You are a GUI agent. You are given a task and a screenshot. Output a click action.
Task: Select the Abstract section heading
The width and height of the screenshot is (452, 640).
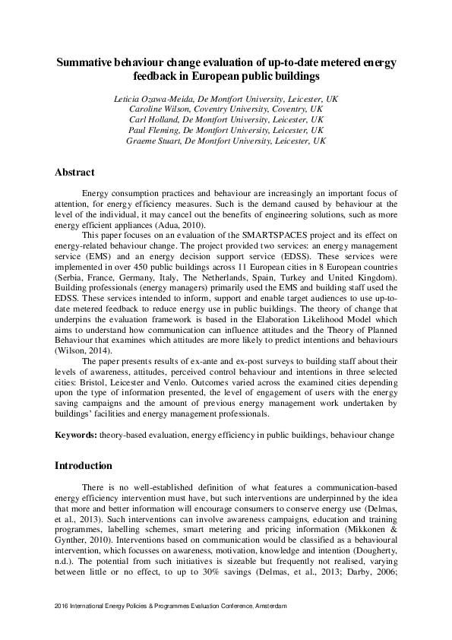point(74,173)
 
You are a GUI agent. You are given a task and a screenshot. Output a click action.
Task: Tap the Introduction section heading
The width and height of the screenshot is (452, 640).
point(84,465)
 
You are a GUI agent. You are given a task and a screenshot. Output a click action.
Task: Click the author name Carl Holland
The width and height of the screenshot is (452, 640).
point(163,120)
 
